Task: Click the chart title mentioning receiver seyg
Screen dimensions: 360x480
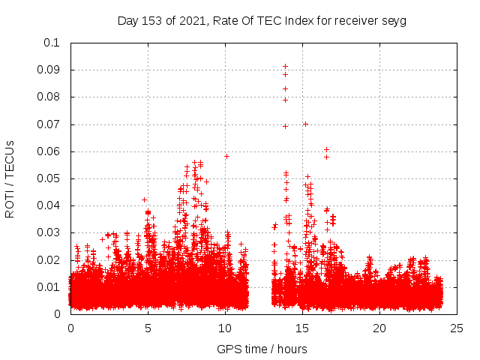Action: point(262,21)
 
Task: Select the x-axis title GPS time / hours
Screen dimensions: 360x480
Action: point(262,349)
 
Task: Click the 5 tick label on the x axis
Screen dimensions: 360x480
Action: point(148,328)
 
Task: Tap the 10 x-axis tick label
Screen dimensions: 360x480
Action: point(225,328)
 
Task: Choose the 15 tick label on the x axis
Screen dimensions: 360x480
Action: point(302,328)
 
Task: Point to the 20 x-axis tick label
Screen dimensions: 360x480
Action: point(379,328)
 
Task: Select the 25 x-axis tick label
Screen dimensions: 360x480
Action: point(457,328)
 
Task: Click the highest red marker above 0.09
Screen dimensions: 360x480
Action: point(285,66)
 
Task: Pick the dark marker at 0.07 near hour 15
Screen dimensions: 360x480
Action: point(305,124)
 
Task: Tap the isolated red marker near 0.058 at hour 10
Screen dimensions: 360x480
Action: point(226,156)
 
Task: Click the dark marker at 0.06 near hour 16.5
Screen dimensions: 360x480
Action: point(326,150)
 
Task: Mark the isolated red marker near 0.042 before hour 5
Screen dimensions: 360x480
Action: point(144,199)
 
